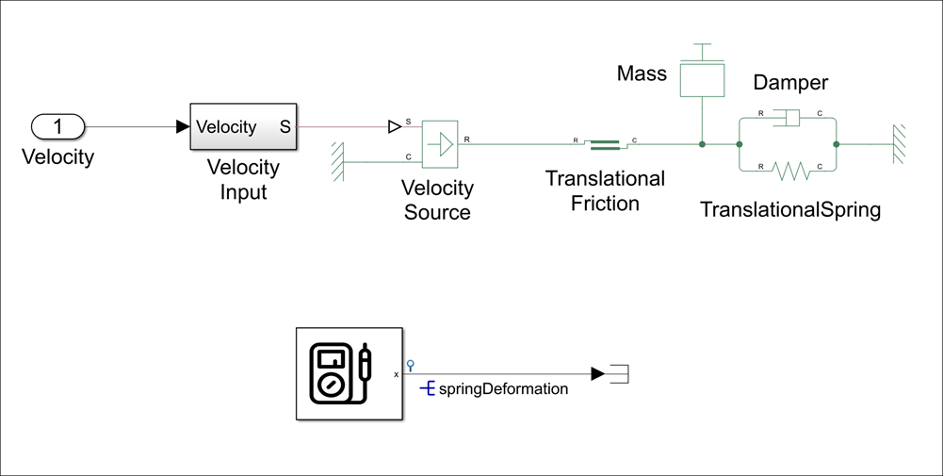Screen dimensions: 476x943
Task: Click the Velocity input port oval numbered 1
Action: [x=57, y=126]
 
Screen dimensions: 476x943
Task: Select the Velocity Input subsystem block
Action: [x=243, y=126]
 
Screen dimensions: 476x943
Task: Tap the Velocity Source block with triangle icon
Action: [x=440, y=144]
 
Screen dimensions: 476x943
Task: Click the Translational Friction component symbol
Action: [x=605, y=144]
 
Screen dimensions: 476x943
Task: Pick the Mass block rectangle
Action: [x=702, y=79]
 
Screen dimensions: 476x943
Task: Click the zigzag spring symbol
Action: [x=789, y=172]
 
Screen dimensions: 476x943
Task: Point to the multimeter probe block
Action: [x=349, y=373]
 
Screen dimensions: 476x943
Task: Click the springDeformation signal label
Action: [x=503, y=388]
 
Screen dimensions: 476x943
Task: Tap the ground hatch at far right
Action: [x=900, y=144]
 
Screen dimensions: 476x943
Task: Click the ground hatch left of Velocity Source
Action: [x=337, y=162]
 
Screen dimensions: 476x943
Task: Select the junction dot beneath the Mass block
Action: [x=702, y=144]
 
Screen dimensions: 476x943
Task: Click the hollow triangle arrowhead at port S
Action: [x=395, y=126]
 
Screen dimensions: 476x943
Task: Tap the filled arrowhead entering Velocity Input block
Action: [x=183, y=126]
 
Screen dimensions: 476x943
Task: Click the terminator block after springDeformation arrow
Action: [x=619, y=374]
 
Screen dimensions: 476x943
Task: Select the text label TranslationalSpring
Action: [x=789, y=209]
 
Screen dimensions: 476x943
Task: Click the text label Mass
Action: [x=642, y=74]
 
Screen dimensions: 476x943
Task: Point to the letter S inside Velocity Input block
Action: [x=285, y=127]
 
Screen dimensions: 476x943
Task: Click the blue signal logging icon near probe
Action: [x=410, y=365]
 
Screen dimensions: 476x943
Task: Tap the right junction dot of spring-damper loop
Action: [x=837, y=144]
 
